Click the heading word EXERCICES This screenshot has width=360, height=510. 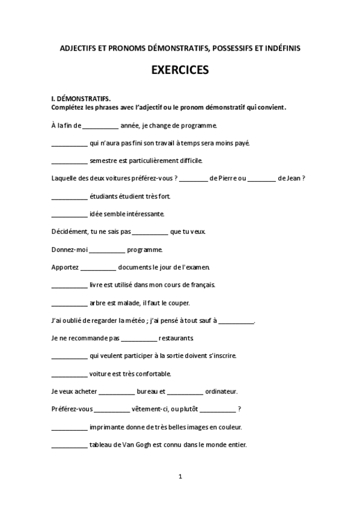pyautogui.click(x=180, y=70)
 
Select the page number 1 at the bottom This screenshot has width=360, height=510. pyautogui.click(x=180, y=477)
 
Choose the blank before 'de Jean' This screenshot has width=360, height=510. pyautogui.click(x=261, y=178)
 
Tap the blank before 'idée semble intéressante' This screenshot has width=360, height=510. pyautogui.click(x=69, y=214)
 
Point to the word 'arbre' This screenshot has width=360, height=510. pyautogui.click(x=98, y=303)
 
